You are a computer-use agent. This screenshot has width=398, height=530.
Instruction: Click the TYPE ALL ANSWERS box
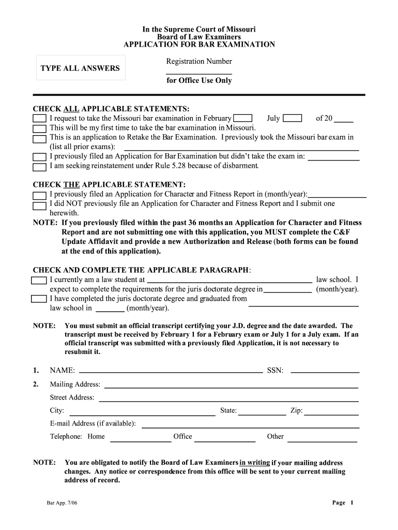(x=80, y=68)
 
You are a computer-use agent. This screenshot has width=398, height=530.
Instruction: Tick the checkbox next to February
(x=243, y=119)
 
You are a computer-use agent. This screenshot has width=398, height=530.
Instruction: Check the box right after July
(x=293, y=119)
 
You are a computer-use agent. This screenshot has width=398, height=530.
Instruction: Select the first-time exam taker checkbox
(x=39, y=128)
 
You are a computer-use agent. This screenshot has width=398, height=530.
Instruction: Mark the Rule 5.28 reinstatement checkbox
(x=39, y=167)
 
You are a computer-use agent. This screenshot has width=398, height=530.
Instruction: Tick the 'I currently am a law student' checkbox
(x=39, y=280)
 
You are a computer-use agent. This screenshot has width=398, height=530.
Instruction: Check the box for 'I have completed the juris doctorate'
(x=39, y=299)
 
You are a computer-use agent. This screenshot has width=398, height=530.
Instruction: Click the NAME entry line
(x=171, y=371)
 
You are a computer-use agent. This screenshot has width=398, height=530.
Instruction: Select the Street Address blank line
(x=228, y=400)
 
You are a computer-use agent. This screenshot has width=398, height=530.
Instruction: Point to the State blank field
(x=262, y=414)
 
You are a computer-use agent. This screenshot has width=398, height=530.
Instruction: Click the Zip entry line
(x=331, y=414)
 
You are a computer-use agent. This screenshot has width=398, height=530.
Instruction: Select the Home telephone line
(x=140, y=440)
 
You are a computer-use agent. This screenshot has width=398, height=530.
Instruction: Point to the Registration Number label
(x=199, y=62)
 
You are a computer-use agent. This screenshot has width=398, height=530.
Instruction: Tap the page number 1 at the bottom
(x=351, y=503)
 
